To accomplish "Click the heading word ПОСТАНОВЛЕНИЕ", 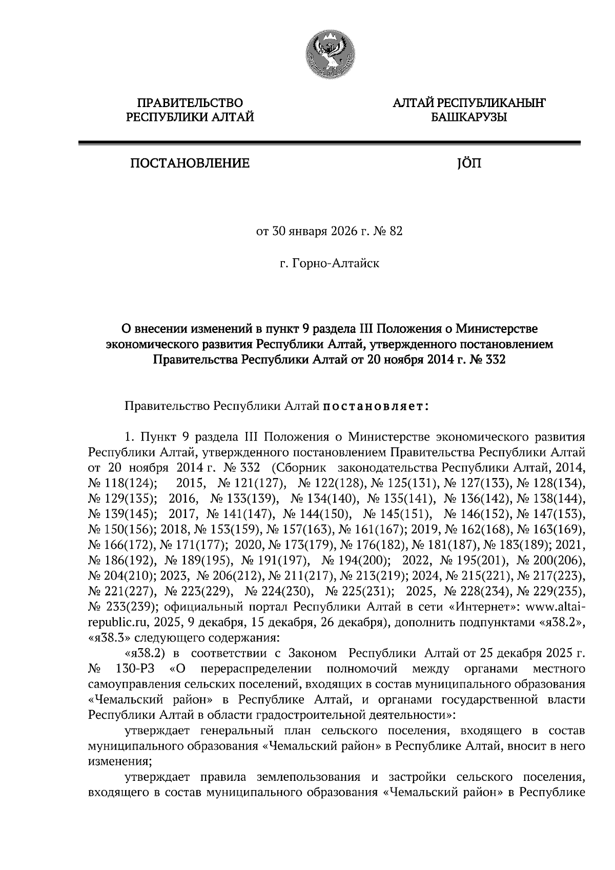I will [x=190, y=164].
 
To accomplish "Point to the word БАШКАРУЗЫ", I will [x=468, y=118].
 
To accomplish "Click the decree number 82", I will [x=396, y=232].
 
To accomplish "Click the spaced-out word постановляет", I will [x=376, y=407].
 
